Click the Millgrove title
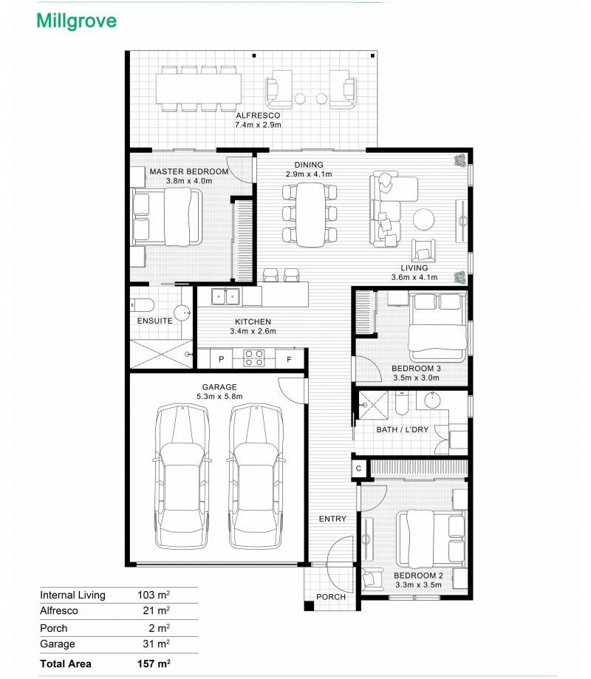click(77, 21)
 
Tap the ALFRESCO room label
click(258, 115)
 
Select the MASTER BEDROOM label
click(189, 171)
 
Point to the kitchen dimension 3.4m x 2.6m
click(253, 331)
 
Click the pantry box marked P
click(221, 359)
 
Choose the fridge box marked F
click(290, 359)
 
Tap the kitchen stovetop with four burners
click(253, 358)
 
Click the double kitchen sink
click(225, 297)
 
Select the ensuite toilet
click(142, 305)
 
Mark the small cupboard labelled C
click(358, 468)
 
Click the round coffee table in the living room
click(423, 219)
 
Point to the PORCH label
click(331, 597)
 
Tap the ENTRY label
click(332, 519)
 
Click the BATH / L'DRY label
click(402, 429)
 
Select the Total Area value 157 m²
click(154, 663)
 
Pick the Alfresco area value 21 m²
click(157, 610)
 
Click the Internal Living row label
click(72, 595)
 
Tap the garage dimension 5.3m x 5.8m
click(219, 396)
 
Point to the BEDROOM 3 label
click(416, 369)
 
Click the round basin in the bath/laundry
click(432, 400)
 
